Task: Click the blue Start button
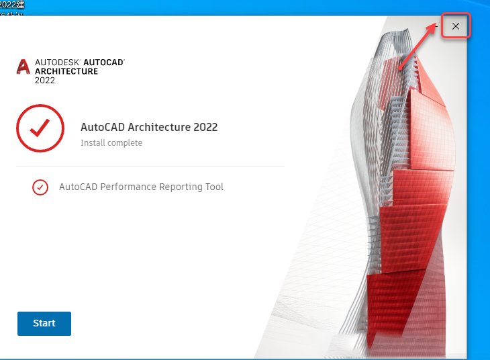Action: point(44,323)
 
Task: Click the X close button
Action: point(456,26)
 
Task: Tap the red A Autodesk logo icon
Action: point(23,66)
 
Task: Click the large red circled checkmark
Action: point(40,128)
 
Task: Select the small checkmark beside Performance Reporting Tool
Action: point(40,187)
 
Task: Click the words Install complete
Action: point(111,143)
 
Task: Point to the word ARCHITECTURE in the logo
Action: point(66,71)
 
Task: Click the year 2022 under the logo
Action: point(45,81)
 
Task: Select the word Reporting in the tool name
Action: point(179,187)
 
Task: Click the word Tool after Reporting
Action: point(213,187)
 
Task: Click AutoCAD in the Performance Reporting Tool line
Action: point(78,187)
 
